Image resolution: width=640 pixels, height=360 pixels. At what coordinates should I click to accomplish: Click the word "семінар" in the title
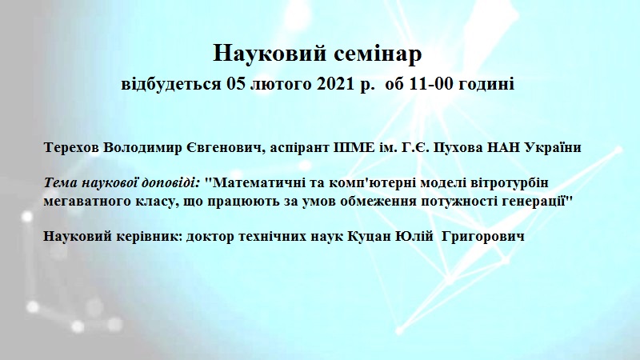tap(378, 54)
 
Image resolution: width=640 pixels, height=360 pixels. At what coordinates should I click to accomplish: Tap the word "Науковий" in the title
tap(270, 54)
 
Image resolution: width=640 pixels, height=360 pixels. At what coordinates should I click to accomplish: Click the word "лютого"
tap(280, 84)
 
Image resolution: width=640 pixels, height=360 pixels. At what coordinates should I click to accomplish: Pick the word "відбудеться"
tap(171, 84)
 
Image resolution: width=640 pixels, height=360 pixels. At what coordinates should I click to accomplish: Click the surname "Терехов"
tap(71, 147)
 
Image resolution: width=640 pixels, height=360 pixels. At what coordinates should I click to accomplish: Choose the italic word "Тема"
tap(61, 182)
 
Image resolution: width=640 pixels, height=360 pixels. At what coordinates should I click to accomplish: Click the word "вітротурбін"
tap(508, 182)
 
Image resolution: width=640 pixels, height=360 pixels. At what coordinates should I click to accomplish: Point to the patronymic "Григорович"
tap(483, 237)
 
